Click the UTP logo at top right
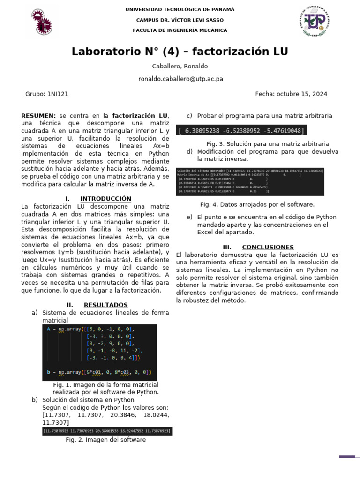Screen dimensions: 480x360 click(x=314, y=21)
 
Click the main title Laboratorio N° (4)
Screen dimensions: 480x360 click(x=180, y=51)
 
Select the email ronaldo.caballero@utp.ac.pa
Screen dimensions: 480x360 click(x=180, y=79)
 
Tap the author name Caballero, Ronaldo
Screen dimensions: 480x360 click(x=180, y=66)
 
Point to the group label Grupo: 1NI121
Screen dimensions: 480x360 click(x=46, y=94)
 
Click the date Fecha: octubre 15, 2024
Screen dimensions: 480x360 click(x=291, y=94)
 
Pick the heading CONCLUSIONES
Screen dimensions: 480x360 click(x=268, y=247)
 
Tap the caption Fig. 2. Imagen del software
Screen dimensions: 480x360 click(x=105, y=440)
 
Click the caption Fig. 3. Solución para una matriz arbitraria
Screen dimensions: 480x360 click(x=268, y=144)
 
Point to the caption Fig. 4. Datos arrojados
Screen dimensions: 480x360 click(x=257, y=204)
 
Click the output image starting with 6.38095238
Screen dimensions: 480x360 click(x=241, y=131)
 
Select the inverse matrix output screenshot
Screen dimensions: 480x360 click(x=249, y=181)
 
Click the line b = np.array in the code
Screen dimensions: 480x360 click(x=99, y=373)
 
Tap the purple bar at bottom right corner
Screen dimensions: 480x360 click(x=347, y=456)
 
